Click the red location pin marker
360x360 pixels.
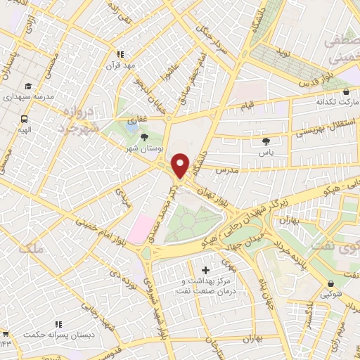click(x=180, y=165)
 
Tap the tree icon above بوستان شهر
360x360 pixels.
click(x=145, y=139)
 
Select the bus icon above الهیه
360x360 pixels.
click(x=25, y=120)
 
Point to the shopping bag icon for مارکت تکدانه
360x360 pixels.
click(x=345, y=91)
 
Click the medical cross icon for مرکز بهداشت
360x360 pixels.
click(x=205, y=270)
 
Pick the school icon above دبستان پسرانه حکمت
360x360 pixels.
click(x=59, y=324)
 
